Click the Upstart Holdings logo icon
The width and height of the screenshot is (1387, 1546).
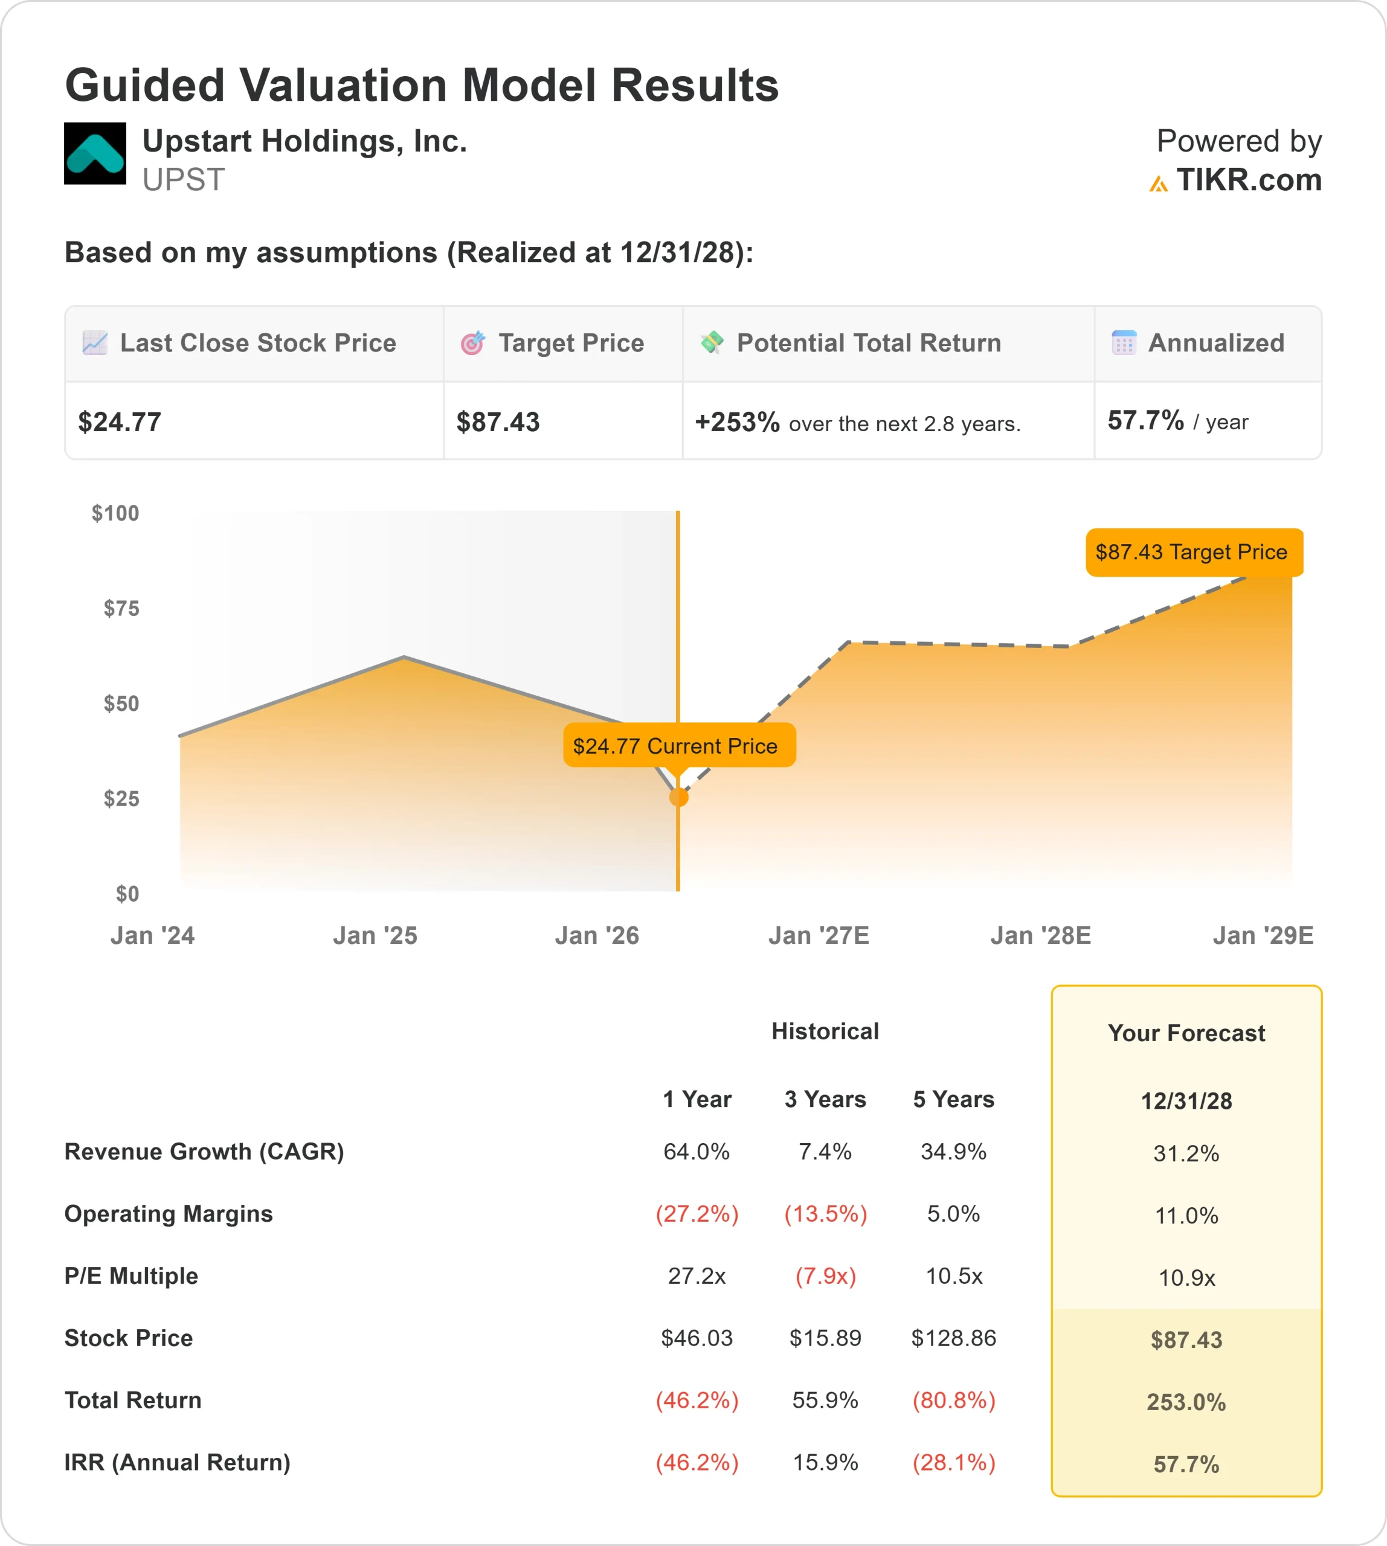point(95,153)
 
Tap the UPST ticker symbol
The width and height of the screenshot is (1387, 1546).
point(184,180)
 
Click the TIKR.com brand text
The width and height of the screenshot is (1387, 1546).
point(1248,180)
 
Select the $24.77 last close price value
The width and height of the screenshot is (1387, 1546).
point(120,422)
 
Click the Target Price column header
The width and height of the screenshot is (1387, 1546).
point(571,343)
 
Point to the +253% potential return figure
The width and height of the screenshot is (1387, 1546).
point(737,422)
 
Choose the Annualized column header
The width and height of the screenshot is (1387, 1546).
point(1215,343)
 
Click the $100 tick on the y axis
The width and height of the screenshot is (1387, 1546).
point(116,513)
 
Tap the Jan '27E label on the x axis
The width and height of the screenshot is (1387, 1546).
point(819,935)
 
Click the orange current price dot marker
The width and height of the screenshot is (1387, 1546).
point(678,797)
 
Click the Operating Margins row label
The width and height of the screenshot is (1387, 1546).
point(169,1214)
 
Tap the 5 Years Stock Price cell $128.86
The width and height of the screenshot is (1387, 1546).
point(953,1338)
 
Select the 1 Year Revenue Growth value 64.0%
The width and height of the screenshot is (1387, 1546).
point(697,1151)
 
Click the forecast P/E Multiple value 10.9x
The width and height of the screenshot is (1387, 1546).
point(1186,1278)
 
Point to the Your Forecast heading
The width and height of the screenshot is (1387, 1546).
point(1186,1033)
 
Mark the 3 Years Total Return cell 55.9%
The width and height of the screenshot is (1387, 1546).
point(825,1400)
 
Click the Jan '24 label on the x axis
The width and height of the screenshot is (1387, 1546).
point(152,935)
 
